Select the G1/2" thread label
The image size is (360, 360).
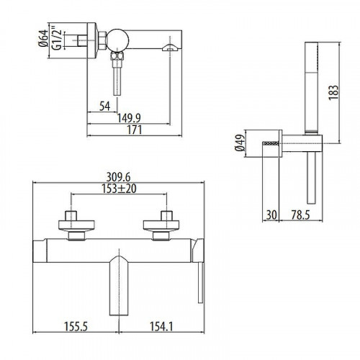point(58,40)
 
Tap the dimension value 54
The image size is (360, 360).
point(104,106)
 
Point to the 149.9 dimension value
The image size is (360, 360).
point(129,118)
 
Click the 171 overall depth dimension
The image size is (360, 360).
point(135,130)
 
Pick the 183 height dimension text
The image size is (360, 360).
point(334,92)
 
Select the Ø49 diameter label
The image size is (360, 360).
point(240,143)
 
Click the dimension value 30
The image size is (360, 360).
point(271,215)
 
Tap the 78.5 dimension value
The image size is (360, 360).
point(301,215)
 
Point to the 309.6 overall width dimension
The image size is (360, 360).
point(118,177)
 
